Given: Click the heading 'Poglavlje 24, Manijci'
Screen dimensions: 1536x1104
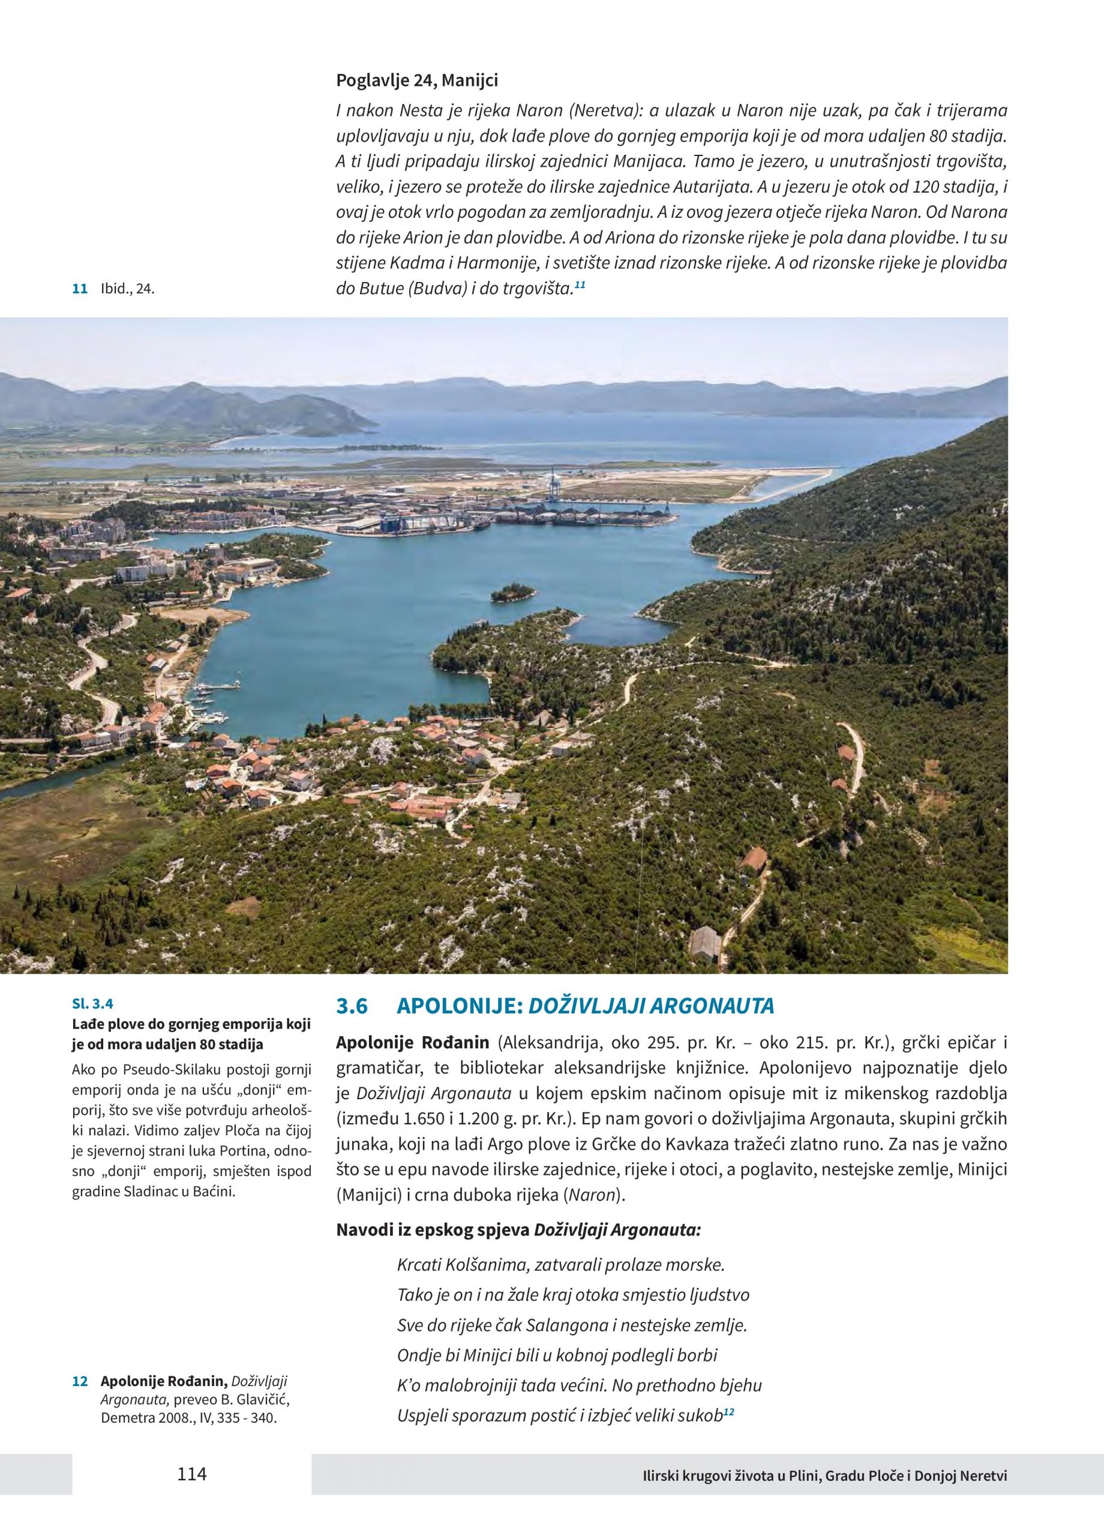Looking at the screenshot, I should coord(416,80).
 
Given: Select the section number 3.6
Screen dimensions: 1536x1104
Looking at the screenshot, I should coord(352,1006).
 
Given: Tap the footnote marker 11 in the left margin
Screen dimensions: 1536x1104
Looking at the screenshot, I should coord(80,289).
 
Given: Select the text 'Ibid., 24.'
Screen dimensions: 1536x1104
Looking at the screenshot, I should coord(128,289).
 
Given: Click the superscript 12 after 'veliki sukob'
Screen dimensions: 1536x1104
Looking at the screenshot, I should coord(729,1411).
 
